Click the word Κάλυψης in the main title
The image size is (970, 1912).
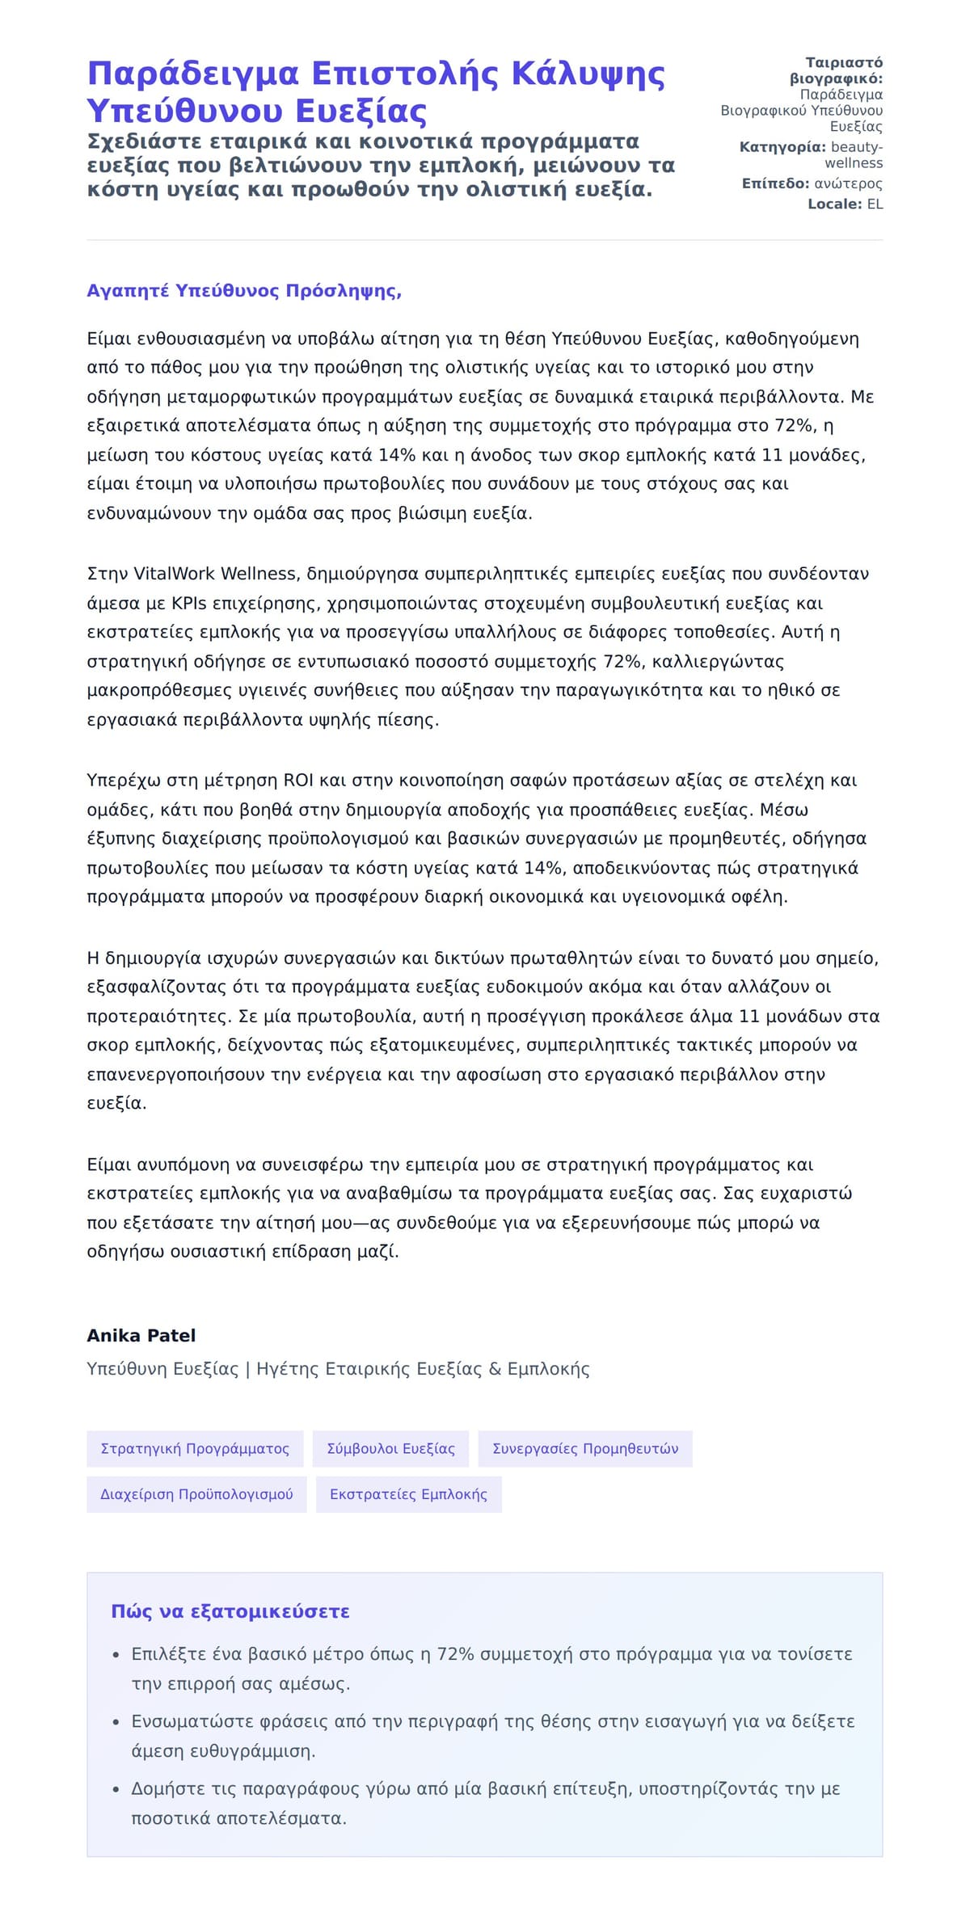coord(588,74)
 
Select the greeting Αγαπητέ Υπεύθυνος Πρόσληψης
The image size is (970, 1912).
coord(244,291)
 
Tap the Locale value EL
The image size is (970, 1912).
coord(875,204)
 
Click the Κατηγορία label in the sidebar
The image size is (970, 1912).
coord(782,147)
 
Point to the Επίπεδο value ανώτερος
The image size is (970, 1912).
coord(848,183)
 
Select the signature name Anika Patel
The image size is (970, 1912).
coord(141,1336)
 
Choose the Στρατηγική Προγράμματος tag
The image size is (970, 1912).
coord(195,1449)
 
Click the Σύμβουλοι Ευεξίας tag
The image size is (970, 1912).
coord(391,1449)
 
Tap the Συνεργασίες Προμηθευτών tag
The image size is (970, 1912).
coord(585,1449)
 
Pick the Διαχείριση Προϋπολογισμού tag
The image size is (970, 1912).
coord(196,1494)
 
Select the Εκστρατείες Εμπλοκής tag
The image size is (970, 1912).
coord(408,1494)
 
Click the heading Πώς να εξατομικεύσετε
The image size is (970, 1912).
coord(230,1611)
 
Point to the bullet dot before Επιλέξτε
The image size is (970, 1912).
coord(116,1655)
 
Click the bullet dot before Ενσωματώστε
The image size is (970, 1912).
coord(116,1722)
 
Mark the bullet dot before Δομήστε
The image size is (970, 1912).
coord(116,1789)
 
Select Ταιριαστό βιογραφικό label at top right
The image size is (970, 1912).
coord(837,70)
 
